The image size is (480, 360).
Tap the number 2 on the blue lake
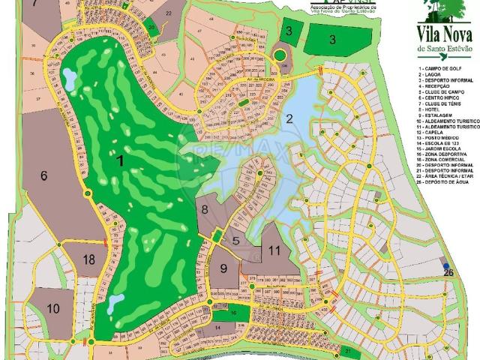(289, 118)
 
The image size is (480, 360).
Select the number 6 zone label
(44, 175)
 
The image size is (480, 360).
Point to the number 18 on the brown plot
(89, 259)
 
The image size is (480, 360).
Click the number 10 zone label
(52, 308)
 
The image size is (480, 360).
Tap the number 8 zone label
(204, 208)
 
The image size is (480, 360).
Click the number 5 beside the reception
(235, 241)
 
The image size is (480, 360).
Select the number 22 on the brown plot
(168, 13)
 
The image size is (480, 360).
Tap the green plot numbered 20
(151, 28)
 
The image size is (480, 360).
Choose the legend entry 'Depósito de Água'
(447, 182)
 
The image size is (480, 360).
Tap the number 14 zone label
(217, 328)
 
